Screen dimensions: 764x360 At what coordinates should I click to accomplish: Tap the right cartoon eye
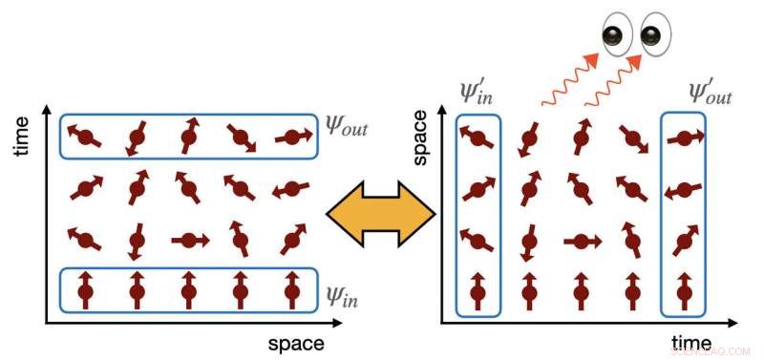[652, 35]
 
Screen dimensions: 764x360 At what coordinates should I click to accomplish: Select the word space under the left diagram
[295, 342]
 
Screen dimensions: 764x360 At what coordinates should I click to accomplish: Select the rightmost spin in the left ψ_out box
[293, 138]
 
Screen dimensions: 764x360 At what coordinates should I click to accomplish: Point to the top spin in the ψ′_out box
[684, 139]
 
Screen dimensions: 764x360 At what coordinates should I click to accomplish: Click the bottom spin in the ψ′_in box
[478, 287]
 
